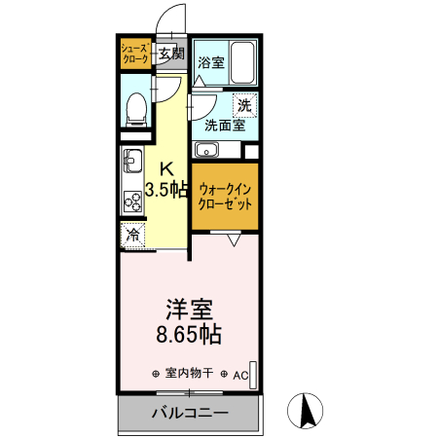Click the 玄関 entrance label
[x=170, y=54]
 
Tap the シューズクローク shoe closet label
[x=134, y=54]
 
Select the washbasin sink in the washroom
[x=205, y=150]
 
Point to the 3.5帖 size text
[x=166, y=189]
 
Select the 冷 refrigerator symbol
[x=132, y=234]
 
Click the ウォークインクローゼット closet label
[x=225, y=198]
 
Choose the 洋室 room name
[x=188, y=310]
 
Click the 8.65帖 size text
[x=188, y=337]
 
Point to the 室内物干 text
[x=190, y=374]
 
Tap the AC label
[x=239, y=374]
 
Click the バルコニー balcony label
[x=190, y=414]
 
